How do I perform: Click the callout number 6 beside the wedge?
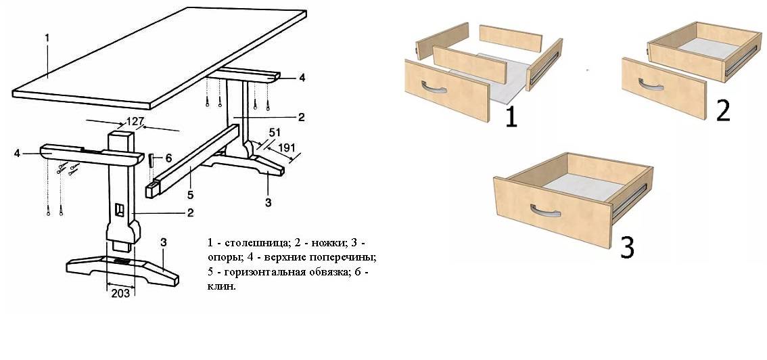coord(168,158)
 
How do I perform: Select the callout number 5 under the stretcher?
coord(190,195)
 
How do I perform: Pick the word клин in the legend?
coord(221,287)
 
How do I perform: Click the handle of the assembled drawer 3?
coord(546,210)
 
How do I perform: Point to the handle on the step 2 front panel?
coord(651,85)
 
